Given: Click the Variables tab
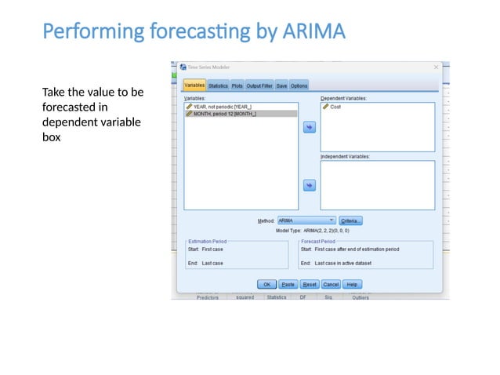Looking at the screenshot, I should click(x=194, y=86).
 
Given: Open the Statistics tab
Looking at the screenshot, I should click(x=218, y=86).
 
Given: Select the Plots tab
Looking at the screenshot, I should click(x=237, y=86).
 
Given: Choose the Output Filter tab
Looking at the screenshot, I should click(x=259, y=86).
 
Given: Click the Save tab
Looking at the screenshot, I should click(x=281, y=86).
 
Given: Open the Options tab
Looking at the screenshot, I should click(x=299, y=86).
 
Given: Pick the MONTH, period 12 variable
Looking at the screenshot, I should click(x=224, y=114).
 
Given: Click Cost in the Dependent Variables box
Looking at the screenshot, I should click(x=335, y=107).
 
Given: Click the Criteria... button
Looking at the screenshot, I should click(x=350, y=221).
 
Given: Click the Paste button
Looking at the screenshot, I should click(x=288, y=284).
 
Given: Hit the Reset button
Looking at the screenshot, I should click(x=310, y=284).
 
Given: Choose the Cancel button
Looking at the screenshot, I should click(x=331, y=284).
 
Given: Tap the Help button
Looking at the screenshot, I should click(x=352, y=284).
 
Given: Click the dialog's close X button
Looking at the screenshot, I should click(x=436, y=67).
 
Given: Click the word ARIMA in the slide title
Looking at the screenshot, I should click(x=308, y=32).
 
